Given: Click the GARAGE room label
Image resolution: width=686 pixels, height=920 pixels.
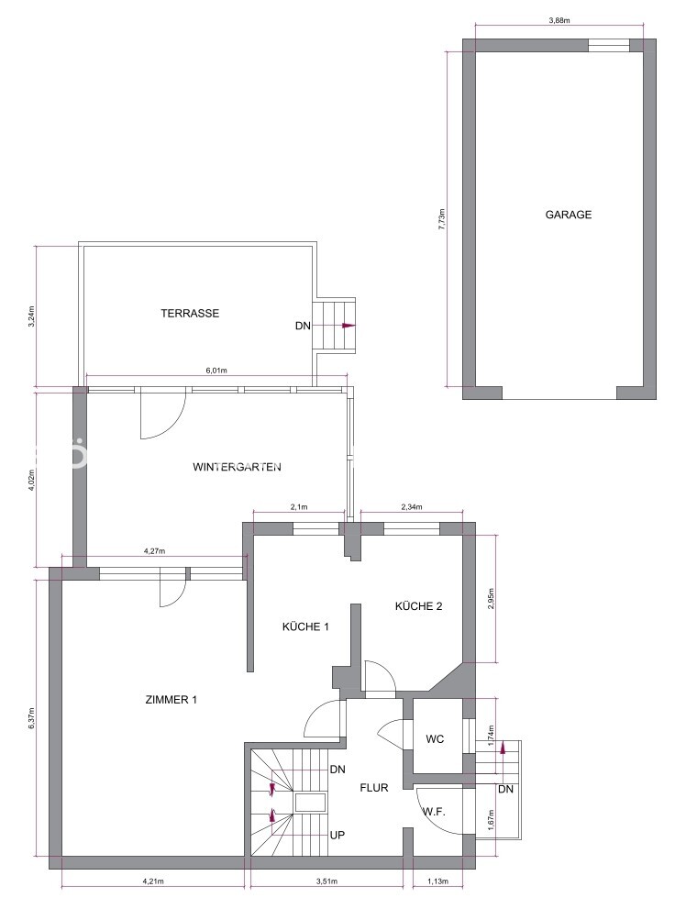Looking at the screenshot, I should coord(569,216).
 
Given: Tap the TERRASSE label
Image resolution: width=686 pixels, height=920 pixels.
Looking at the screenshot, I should coord(190,313).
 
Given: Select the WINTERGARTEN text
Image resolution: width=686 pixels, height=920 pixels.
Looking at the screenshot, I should coord(237,467).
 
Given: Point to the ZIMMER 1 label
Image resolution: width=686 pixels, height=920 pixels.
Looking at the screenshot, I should coord(171,700).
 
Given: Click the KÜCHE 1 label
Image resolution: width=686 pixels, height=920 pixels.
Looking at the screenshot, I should coord(304,626).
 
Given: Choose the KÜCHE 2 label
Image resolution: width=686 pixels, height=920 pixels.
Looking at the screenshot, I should coord(418,605).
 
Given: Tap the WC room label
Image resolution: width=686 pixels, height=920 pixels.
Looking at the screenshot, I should coord(435,739).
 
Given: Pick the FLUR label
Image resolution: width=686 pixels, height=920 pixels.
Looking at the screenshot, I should coord(374,787).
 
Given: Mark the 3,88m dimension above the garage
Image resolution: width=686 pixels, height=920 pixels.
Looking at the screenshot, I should coord(559,19).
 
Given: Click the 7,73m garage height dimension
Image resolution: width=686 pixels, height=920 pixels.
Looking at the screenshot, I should coord(442,218).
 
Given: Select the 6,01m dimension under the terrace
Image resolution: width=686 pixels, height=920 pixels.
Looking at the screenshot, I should coord(216,371).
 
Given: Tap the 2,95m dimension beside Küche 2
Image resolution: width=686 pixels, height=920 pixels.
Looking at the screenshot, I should coord(492,599).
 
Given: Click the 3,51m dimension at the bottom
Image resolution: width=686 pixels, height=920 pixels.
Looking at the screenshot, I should coord(327,881).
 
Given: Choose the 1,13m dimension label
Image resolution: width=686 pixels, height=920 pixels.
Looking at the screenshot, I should coord(438,881).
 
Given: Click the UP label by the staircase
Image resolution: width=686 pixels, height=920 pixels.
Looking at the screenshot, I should coord(337,836).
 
